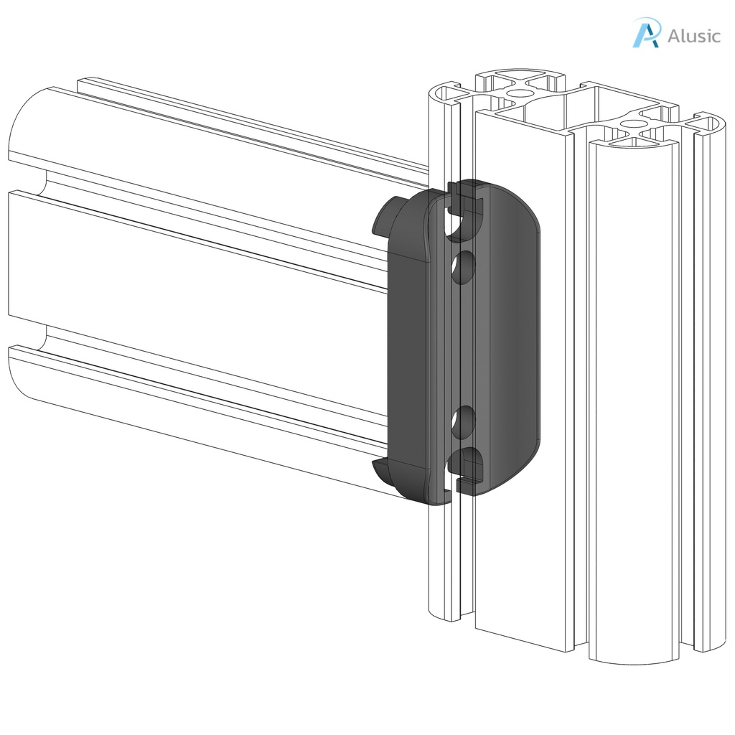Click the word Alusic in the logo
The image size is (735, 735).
click(x=693, y=35)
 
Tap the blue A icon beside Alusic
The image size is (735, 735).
click(x=645, y=34)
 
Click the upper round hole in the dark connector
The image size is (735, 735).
click(x=464, y=266)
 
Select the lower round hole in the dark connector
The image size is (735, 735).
click(x=464, y=422)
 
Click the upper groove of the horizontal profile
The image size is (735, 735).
click(x=215, y=201)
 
